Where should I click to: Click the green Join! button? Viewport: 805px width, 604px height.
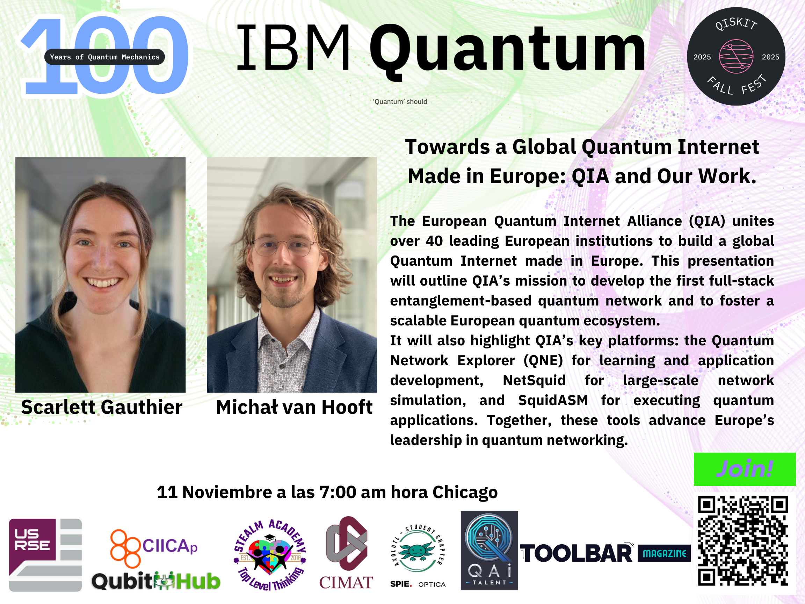[745, 469]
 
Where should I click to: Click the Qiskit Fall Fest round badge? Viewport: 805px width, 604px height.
[736, 57]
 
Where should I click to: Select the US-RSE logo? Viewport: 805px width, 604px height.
[45, 555]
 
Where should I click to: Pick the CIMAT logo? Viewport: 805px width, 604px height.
[346, 553]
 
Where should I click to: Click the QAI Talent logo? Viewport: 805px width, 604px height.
[489, 550]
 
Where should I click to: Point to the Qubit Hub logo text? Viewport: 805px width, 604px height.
[156, 581]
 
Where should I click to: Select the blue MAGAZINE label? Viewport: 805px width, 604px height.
[664, 553]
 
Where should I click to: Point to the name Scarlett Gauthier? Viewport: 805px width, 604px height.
[102, 407]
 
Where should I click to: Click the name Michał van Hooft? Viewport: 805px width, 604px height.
[294, 407]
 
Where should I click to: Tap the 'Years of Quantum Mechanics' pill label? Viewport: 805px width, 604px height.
[104, 57]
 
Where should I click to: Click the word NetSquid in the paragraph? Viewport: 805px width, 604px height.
[534, 380]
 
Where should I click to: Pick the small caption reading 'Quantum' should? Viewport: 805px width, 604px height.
[400, 102]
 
